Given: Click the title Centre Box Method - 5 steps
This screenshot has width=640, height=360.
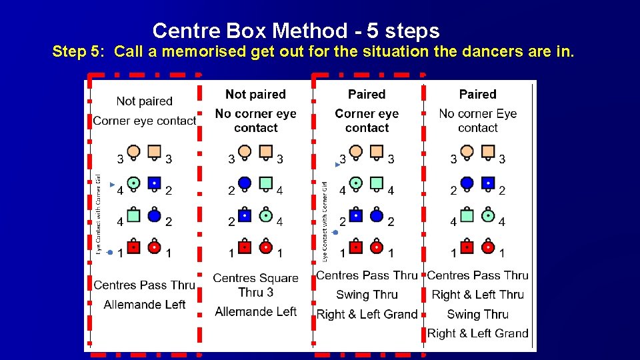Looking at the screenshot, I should (x=296, y=31).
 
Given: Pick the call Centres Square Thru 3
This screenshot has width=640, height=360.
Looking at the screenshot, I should (x=255, y=285).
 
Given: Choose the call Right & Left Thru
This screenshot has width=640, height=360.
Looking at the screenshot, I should (x=477, y=295).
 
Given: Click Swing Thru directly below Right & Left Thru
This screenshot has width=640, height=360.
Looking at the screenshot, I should (x=477, y=314).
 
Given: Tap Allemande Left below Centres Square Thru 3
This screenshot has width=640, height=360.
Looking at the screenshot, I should (x=255, y=311).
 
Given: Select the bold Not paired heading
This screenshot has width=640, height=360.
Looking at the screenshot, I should (x=255, y=95).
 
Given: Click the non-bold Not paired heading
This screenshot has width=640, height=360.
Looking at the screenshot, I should (x=144, y=101).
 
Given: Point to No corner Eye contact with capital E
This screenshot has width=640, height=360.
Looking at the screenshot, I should (x=477, y=120).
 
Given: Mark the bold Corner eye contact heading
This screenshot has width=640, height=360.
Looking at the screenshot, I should (x=367, y=120).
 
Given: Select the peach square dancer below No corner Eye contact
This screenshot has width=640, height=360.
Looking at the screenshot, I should (x=489, y=151).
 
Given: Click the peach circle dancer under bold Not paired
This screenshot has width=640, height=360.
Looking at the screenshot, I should (x=245, y=151).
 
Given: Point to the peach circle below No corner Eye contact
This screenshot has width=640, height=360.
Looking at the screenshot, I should (x=467, y=151).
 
